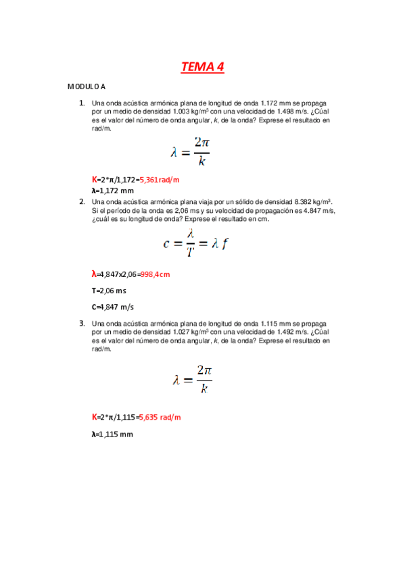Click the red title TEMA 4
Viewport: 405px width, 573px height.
(x=202, y=67)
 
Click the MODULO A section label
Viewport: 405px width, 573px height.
(x=86, y=87)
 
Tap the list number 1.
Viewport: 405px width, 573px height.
(x=82, y=103)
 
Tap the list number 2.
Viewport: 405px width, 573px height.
(x=82, y=201)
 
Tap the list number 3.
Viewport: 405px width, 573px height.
(x=82, y=323)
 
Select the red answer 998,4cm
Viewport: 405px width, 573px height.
(x=155, y=274)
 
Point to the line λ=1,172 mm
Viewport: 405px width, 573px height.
(x=112, y=191)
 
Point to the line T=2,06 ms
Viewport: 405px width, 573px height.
(x=109, y=291)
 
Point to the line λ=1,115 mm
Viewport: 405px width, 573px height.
(x=112, y=434)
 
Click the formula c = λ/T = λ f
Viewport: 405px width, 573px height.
(x=195, y=242)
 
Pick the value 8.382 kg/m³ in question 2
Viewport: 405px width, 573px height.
(x=314, y=201)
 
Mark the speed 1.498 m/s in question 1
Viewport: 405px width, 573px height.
(x=291, y=112)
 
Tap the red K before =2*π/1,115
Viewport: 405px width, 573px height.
(x=95, y=418)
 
